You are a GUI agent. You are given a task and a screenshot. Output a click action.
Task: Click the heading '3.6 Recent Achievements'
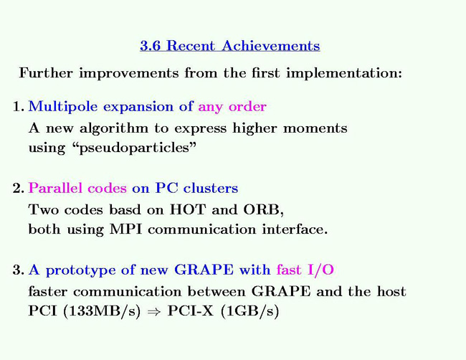[x=229, y=47]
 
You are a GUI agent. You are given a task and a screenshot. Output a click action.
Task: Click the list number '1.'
[x=19, y=107]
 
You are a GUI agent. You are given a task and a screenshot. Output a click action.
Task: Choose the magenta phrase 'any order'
[x=232, y=107]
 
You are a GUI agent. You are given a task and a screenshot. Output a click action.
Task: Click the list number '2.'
[x=19, y=189]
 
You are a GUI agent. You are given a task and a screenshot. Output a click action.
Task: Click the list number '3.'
[x=19, y=270]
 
